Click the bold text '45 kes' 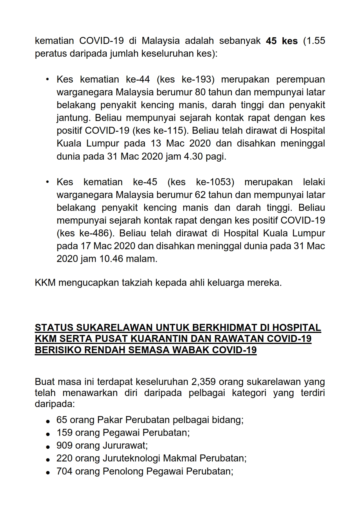[282, 41]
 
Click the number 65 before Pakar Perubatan [62, 420]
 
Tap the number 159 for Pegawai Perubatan [65, 433]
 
